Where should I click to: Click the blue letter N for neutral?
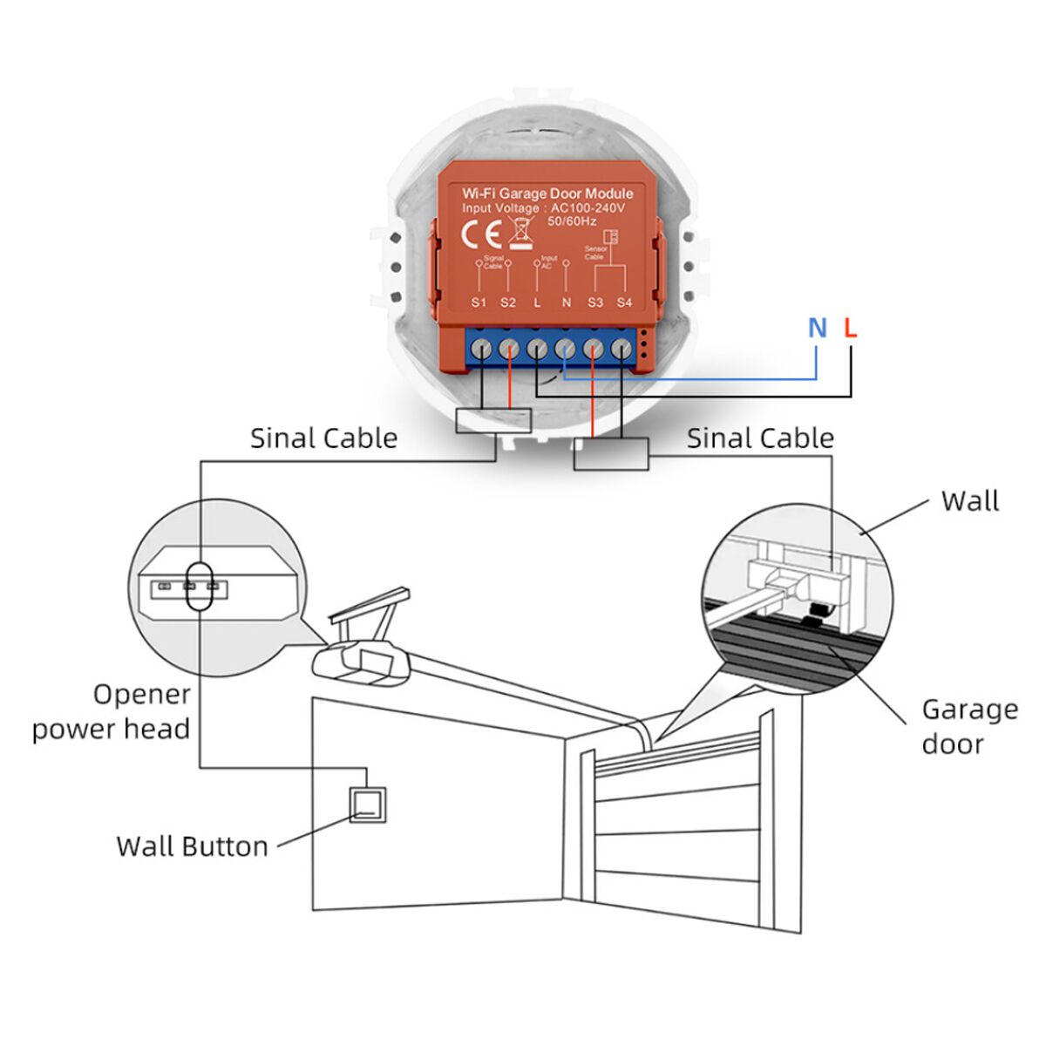click(x=817, y=328)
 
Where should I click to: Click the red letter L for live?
click(x=851, y=328)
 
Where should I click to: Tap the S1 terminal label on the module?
click(x=479, y=302)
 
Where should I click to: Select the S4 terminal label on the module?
click(x=624, y=302)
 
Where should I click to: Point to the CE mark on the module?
click(x=479, y=234)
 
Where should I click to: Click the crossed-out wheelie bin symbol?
click(x=521, y=234)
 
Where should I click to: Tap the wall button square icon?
click(x=367, y=803)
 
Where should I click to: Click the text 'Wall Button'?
click(x=192, y=846)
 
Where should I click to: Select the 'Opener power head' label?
click(x=112, y=711)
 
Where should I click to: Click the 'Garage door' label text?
click(x=969, y=726)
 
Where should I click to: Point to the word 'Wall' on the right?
click(x=969, y=501)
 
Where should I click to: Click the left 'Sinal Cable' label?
click(x=323, y=438)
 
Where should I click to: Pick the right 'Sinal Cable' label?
click(x=760, y=438)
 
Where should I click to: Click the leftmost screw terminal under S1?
click(x=480, y=350)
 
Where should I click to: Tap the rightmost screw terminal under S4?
click(x=621, y=350)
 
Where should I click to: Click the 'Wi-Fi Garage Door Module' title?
click(x=547, y=193)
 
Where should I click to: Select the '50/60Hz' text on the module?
click(x=571, y=221)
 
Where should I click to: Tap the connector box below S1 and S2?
click(x=493, y=421)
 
